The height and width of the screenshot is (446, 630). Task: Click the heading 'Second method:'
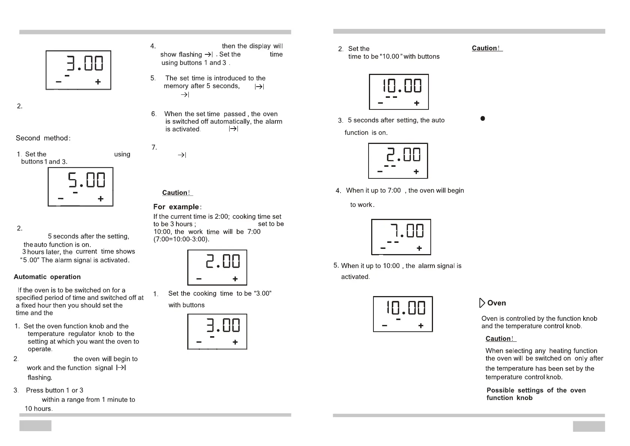pyautogui.click(x=43, y=138)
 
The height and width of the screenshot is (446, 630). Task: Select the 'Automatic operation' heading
pyautogui.click(x=47, y=277)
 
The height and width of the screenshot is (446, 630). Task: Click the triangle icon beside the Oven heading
pyautogui.click(x=482, y=303)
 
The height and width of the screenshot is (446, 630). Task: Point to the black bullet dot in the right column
pyautogui.click(x=483, y=118)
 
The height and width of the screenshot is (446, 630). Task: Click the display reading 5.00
pyautogui.click(x=81, y=187)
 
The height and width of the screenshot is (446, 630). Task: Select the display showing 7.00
pyautogui.click(x=401, y=237)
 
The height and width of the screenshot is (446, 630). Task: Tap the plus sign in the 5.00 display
pyautogui.click(x=100, y=199)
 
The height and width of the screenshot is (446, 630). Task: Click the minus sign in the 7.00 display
pyautogui.click(x=383, y=248)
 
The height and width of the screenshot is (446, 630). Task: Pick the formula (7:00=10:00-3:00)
pyautogui.click(x=181, y=239)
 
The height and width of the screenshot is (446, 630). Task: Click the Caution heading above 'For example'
pyautogui.click(x=177, y=193)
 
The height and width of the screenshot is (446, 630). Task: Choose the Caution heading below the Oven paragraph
pyautogui.click(x=500, y=339)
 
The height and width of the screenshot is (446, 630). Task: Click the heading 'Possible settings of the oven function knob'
pyautogui.click(x=536, y=394)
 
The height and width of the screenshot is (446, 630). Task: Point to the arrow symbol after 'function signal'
pyautogui.click(x=121, y=368)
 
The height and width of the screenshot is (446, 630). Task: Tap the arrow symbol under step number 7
pyautogui.click(x=182, y=155)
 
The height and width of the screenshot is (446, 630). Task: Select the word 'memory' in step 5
pyautogui.click(x=176, y=86)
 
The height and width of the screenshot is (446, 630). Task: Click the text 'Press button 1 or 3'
pyautogui.click(x=55, y=390)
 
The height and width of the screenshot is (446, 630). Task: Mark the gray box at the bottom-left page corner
pyautogui.click(x=35, y=426)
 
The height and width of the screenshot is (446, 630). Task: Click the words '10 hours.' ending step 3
pyautogui.click(x=39, y=409)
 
